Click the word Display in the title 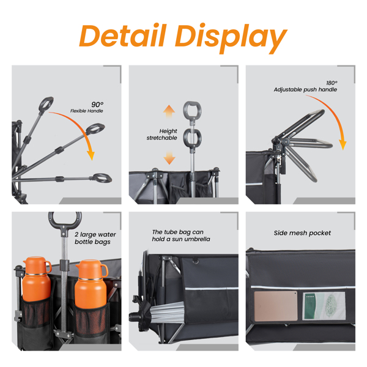click(x=231, y=38)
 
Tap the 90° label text click(x=97, y=105)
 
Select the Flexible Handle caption click(x=87, y=111)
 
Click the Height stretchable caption click(x=161, y=135)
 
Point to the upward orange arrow click(x=169, y=111)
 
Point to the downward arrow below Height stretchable click(x=169, y=158)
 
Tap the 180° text click(x=332, y=83)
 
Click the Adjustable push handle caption click(x=305, y=90)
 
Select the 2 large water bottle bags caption click(x=95, y=238)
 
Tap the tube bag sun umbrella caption click(x=181, y=235)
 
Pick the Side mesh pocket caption click(x=302, y=233)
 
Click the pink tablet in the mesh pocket click(x=276, y=306)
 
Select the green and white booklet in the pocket click(x=324, y=306)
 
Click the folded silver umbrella click(x=166, y=312)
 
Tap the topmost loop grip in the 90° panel click(x=46, y=103)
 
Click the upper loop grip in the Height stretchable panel click(x=192, y=109)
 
